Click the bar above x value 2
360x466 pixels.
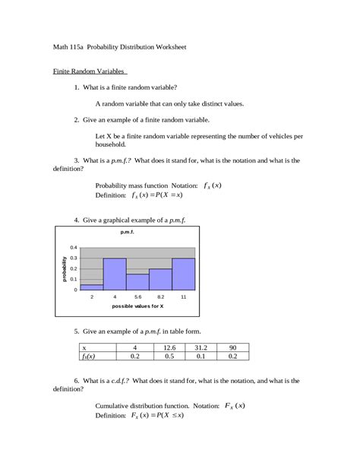[92, 287]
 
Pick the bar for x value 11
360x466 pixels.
[183, 274]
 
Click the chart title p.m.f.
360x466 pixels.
[127, 231]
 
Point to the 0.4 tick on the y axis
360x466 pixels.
[74, 248]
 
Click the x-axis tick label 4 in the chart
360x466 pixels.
[115, 296]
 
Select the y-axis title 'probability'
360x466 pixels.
[64, 269]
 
